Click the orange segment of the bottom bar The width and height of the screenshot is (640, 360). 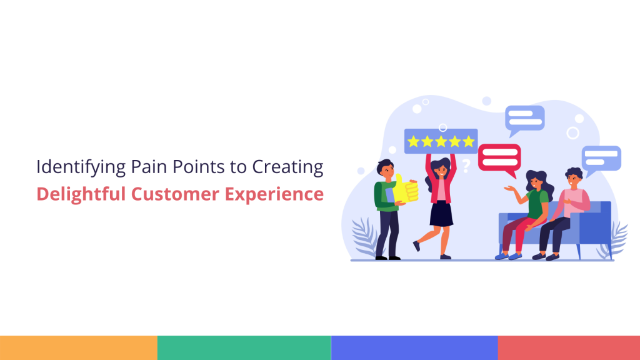78,347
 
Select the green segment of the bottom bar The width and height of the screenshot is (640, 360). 244,347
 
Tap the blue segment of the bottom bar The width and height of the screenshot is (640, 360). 414,347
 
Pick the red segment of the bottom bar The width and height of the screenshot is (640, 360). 569,347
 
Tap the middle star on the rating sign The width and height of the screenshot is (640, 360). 441,141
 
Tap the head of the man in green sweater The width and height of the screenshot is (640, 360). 386,169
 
